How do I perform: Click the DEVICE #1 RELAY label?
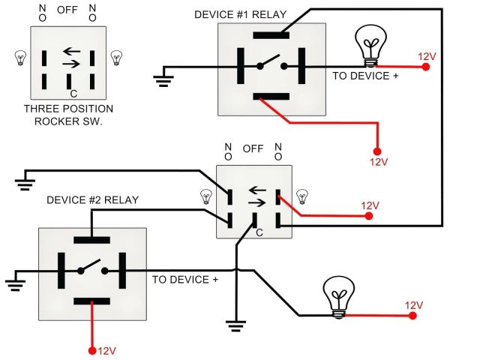coord(240,15)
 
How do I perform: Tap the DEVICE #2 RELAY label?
coord(92,200)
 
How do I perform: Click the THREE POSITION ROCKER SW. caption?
coord(68,115)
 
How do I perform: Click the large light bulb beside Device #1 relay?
coord(370,45)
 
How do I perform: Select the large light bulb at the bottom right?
coord(339,297)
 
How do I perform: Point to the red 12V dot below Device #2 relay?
coord(92,350)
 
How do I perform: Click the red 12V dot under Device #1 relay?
coord(377,151)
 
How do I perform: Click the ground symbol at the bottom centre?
coord(235,325)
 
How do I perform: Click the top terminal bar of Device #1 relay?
coord(271,35)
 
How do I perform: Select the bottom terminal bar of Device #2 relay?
coord(91,301)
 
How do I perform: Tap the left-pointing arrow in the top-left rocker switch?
coord(72,51)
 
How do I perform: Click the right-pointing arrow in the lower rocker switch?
coord(256,202)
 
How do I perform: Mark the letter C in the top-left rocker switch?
coord(73,94)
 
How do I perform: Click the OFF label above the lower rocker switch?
coord(253,149)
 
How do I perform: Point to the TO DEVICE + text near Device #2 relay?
coord(185,280)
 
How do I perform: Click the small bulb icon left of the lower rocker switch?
coord(206,196)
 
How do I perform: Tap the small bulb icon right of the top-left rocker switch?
coord(116,58)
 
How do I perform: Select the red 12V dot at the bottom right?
coord(412,316)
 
